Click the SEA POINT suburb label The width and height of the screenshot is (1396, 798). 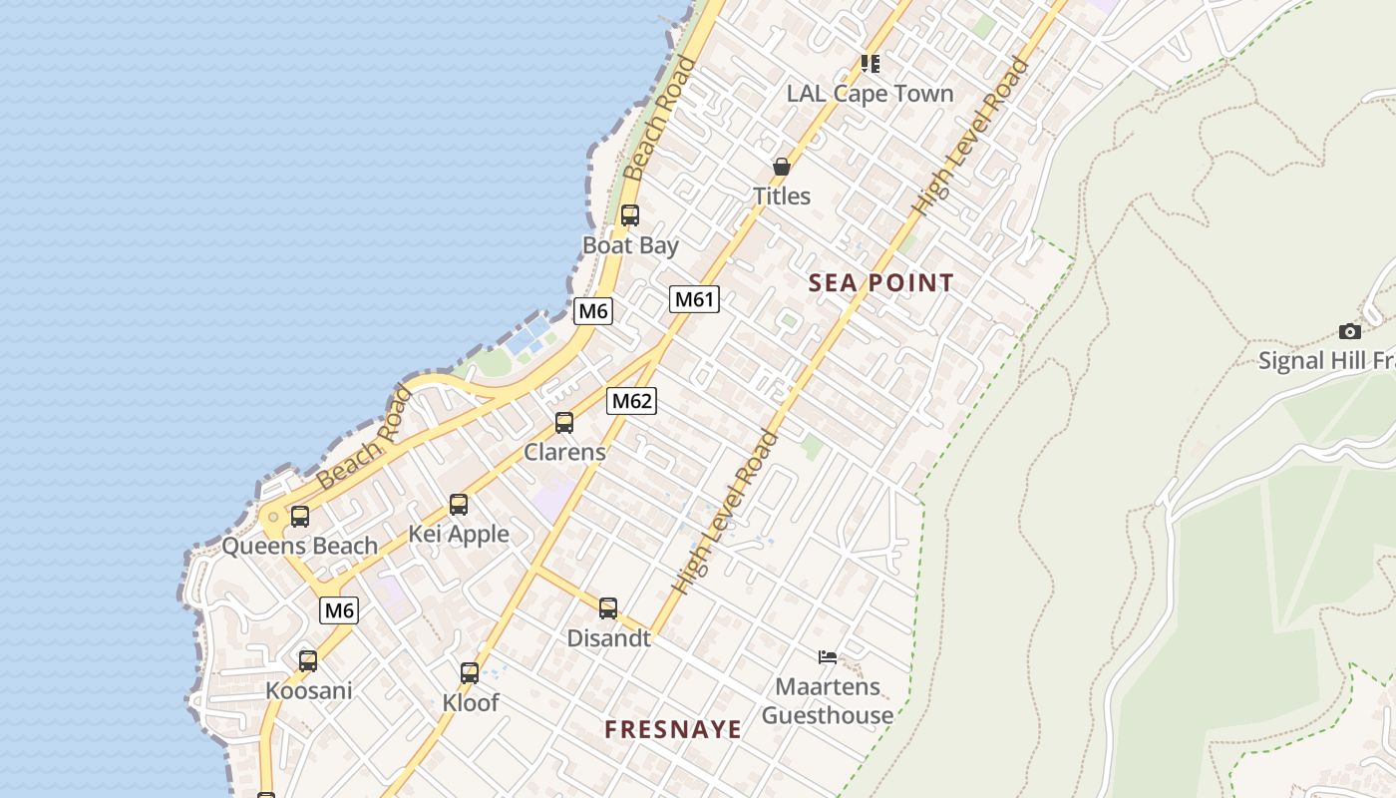(880, 283)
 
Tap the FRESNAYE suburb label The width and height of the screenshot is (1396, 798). (673, 730)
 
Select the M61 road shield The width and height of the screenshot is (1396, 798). (694, 299)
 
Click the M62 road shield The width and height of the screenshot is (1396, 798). (632, 401)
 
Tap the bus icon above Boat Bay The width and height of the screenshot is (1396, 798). (629, 215)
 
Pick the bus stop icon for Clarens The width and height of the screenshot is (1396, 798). (564, 423)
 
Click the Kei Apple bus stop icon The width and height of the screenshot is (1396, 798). (459, 505)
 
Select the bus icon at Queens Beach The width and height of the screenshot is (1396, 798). (299, 517)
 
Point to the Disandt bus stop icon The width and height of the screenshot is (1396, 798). (608, 608)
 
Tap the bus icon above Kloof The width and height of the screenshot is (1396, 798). (470, 673)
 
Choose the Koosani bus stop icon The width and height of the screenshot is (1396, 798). (308, 660)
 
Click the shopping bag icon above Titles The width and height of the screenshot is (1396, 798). (782, 167)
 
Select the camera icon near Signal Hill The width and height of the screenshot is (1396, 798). (1349, 331)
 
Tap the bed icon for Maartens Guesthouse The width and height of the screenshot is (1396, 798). (827, 656)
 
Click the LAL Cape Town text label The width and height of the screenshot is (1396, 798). (870, 94)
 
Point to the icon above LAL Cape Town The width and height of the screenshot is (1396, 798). (871, 64)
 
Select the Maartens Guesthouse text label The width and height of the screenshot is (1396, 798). (828, 701)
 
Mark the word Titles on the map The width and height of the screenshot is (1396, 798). (782, 197)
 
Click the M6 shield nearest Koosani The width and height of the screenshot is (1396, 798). (339, 610)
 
